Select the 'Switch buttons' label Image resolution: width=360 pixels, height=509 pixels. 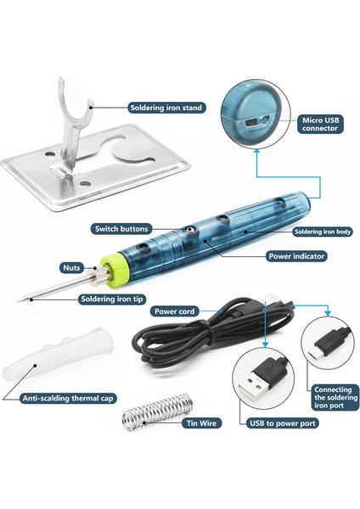pos(123,228)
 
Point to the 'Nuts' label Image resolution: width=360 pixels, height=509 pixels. pos(70,266)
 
